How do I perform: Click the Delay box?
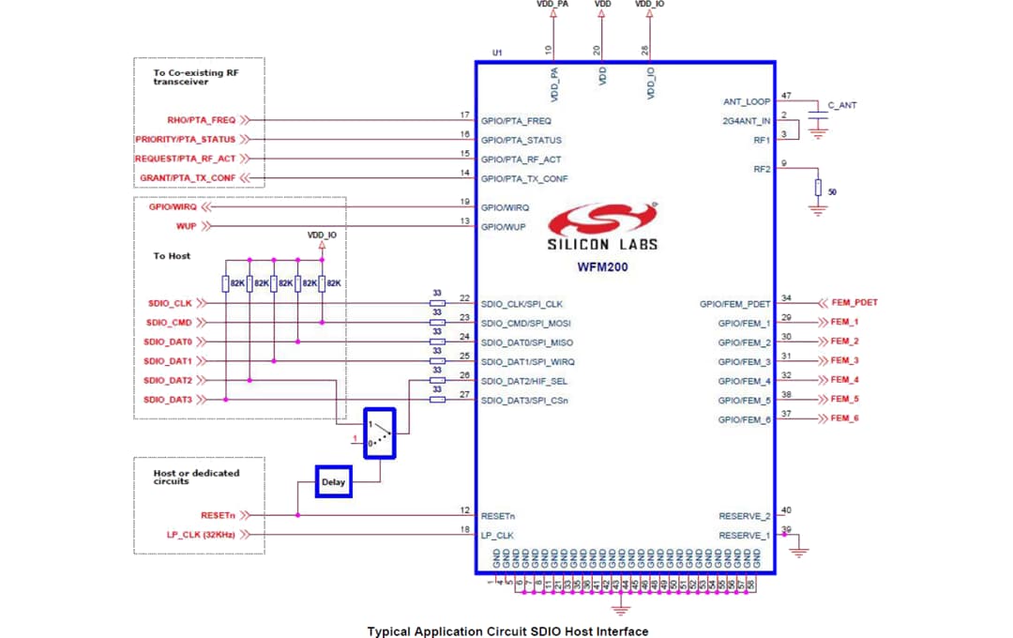(x=333, y=482)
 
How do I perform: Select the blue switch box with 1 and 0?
(x=380, y=433)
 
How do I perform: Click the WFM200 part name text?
(x=602, y=266)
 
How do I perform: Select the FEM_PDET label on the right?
(x=854, y=303)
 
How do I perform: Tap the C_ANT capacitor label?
(x=842, y=105)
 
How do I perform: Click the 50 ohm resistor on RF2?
(x=819, y=189)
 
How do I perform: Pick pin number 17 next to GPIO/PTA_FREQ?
(x=464, y=115)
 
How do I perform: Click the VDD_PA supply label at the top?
(x=552, y=5)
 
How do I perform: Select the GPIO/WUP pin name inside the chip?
(x=504, y=226)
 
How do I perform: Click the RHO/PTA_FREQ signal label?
(x=201, y=120)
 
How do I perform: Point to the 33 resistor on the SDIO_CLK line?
(x=437, y=303)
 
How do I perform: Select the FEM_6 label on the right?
(x=844, y=418)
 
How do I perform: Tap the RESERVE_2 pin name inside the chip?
(x=745, y=516)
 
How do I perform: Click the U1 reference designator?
(x=498, y=53)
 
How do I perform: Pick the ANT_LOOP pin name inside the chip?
(x=747, y=101)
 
